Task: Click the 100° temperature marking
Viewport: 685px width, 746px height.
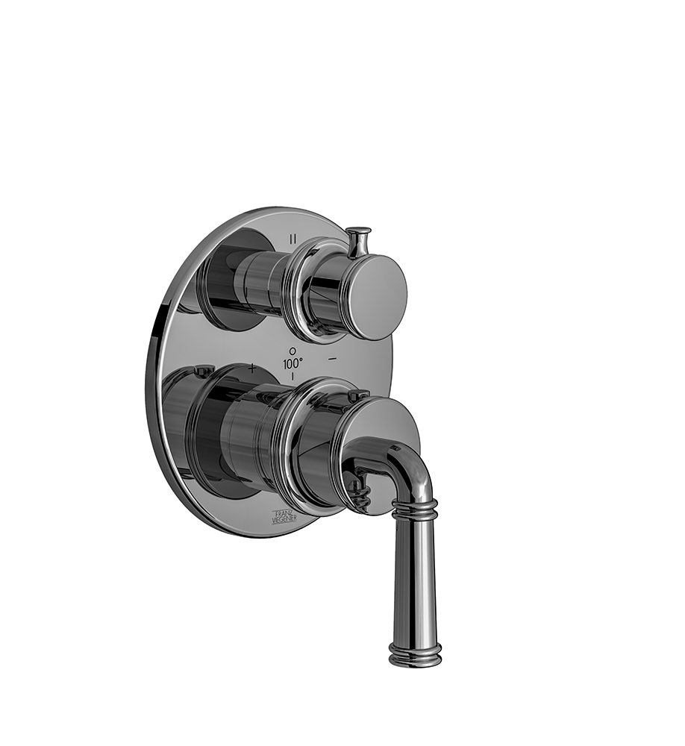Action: coord(293,363)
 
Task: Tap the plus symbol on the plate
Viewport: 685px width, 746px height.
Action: coord(252,367)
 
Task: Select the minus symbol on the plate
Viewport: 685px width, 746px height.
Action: coord(333,359)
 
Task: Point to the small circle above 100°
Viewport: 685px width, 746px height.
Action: coord(293,350)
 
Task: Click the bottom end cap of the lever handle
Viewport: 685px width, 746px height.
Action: coord(416,656)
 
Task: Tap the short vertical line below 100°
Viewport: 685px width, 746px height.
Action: coord(293,377)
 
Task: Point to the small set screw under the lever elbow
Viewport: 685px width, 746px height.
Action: coord(360,489)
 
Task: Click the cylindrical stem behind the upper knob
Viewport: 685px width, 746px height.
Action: coord(257,280)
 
